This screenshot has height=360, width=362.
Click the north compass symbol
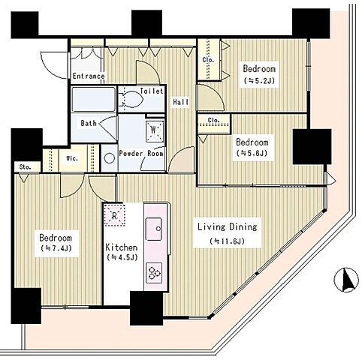tap(346, 280)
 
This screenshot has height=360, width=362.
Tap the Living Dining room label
tap(228, 226)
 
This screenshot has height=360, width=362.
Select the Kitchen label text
tap(122, 247)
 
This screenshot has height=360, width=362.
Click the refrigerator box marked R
tap(115, 215)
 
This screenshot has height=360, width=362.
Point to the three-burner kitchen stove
tap(154, 271)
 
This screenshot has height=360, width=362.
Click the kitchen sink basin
tap(154, 229)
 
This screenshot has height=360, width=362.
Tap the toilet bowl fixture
tap(131, 100)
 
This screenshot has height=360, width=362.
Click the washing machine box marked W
tap(155, 131)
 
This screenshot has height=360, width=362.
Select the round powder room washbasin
tap(110, 158)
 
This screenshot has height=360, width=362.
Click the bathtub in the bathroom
tap(94, 99)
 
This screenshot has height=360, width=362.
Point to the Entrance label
tap(89, 76)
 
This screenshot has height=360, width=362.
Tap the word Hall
tap(181, 102)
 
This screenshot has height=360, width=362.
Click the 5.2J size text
tap(259, 80)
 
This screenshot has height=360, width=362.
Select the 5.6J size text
tap(252, 153)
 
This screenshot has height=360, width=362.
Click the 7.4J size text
tap(56, 248)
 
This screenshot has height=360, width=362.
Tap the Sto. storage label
tap(25, 167)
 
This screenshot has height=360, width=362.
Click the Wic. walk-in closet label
tap(72, 158)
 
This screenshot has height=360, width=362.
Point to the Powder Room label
tap(141, 153)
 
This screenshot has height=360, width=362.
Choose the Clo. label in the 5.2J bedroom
tap(208, 60)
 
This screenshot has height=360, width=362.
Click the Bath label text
tap(89, 123)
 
